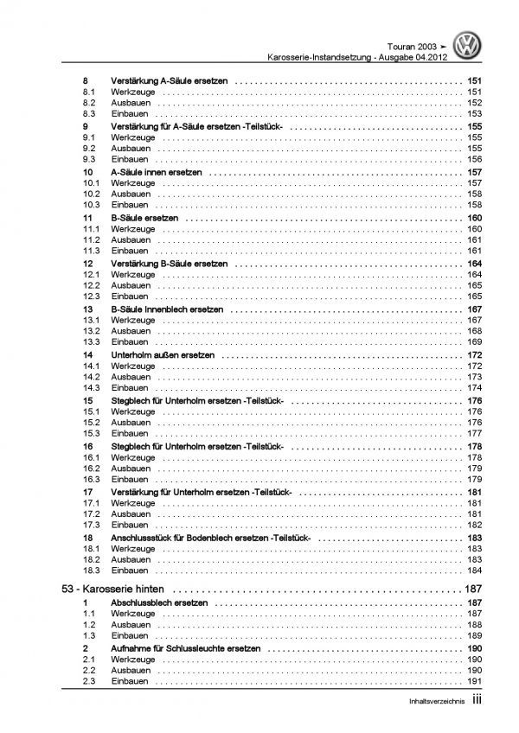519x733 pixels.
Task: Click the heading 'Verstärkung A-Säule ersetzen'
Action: click(170, 80)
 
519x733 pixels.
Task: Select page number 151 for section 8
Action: click(474, 80)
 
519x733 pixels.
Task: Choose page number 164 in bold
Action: click(474, 263)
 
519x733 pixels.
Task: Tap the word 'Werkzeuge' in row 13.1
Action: click(132, 320)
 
